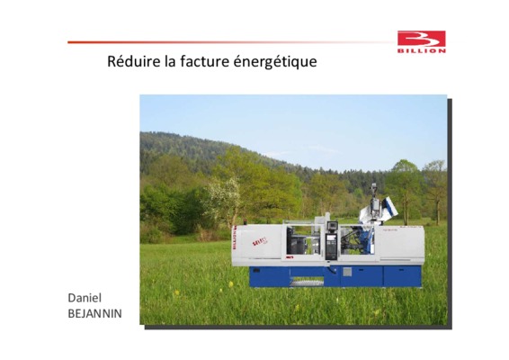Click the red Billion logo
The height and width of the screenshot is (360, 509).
[x=422, y=41]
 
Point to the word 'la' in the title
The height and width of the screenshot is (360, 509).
[x=170, y=61]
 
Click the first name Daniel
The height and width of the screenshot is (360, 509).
[x=85, y=298]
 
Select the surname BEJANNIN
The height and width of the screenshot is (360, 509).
[x=94, y=313]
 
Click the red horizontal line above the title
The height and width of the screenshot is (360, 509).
[x=228, y=42]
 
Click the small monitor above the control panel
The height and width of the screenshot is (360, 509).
[x=333, y=225]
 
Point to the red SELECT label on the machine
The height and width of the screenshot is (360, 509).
[x=260, y=241]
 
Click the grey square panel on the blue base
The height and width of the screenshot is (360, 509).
[x=347, y=272]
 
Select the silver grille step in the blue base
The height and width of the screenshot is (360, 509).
[x=307, y=283]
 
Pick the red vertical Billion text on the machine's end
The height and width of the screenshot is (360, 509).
[x=235, y=238]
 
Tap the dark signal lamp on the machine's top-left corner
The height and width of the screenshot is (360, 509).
[x=245, y=222]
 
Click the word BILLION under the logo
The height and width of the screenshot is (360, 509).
[x=422, y=51]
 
